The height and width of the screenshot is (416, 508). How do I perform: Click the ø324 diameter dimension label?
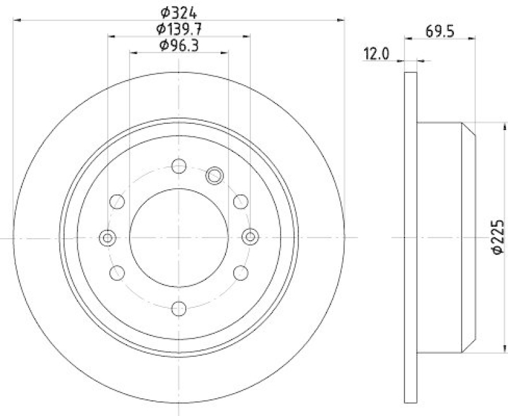179,11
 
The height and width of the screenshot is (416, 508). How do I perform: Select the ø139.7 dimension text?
179,28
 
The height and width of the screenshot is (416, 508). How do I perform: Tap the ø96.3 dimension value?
179,44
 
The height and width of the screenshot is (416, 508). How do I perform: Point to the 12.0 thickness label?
375,55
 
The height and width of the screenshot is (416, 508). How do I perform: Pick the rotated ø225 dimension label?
497,238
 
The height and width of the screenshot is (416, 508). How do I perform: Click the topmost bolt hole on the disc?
179,166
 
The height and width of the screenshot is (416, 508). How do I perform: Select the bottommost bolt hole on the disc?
179,309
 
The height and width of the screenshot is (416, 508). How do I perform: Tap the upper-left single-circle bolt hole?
117,202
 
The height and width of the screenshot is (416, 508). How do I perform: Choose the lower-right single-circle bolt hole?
241,272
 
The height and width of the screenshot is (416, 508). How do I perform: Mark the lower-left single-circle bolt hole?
117,272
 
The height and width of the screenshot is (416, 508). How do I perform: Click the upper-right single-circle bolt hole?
241,202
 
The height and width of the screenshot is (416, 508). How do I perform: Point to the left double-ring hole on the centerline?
108,238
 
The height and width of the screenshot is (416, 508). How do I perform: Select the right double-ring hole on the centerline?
250,238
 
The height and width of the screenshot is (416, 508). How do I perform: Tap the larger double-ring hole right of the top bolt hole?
215,174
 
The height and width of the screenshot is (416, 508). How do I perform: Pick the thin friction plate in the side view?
411,238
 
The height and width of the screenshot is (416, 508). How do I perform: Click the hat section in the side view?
444,238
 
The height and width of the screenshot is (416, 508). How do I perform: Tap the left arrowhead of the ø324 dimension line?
16,20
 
